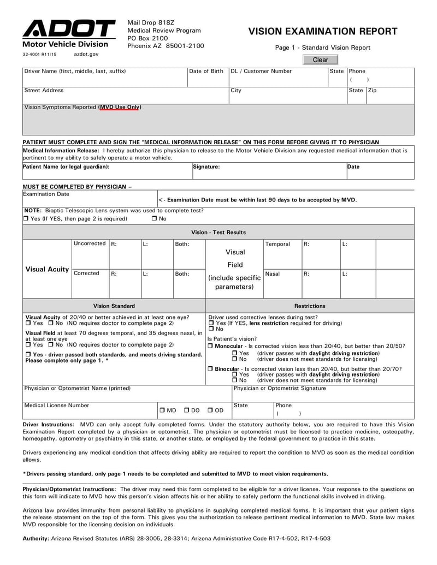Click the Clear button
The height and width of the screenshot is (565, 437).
320,60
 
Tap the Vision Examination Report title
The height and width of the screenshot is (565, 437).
323,32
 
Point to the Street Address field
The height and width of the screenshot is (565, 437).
125,95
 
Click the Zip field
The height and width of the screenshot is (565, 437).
389,95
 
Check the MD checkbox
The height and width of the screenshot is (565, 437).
162,410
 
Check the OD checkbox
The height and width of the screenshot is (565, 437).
210,410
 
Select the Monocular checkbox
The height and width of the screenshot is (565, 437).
211,346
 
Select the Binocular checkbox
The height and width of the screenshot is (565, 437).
211,369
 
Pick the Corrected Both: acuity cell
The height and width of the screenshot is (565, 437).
188,283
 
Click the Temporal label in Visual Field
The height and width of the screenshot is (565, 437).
277,244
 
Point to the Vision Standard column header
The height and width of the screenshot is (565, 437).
114,306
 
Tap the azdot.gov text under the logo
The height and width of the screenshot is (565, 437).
86,55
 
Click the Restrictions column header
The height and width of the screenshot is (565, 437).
310,306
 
